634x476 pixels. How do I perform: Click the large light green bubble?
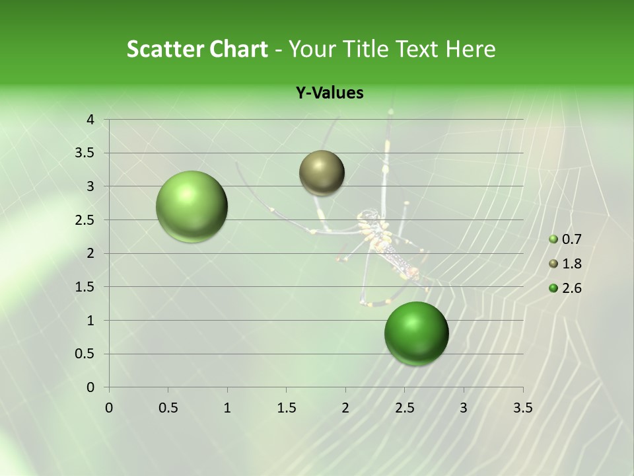pyautogui.click(x=192, y=206)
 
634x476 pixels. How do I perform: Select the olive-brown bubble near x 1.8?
pyautogui.click(x=322, y=173)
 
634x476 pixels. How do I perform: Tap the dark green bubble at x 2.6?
pyautogui.click(x=416, y=333)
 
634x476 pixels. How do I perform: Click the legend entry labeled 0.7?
pyautogui.click(x=566, y=240)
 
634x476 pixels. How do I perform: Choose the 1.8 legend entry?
pyautogui.click(x=566, y=264)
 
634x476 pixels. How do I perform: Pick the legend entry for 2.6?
pyautogui.click(x=566, y=288)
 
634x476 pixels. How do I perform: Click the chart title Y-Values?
pyautogui.click(x=330, y=93)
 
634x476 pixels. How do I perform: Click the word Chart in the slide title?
pyautogui.click(x=238, y=49)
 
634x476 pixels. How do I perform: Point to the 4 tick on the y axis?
pyautogui.click(x=90, y=120)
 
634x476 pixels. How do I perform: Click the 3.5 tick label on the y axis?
pyautogui.click(x=85, y=153)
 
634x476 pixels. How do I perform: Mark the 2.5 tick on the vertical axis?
pyautogui.click(x=85, y=220)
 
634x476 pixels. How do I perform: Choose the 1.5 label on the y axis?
pyautogui.click(x=85, y=287)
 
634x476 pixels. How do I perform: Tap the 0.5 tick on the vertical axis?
pyautogui.click(x=85, y=354)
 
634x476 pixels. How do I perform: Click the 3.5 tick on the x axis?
pyautogui.click(x=522, y=408)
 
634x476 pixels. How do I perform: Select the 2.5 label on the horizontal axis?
pyautogui.click(x=404, y=408)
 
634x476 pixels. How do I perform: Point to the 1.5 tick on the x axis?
pyautogui.click(x=286, y=408)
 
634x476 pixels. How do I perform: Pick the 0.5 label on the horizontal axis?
pyautogui.click(x=168, y=408)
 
